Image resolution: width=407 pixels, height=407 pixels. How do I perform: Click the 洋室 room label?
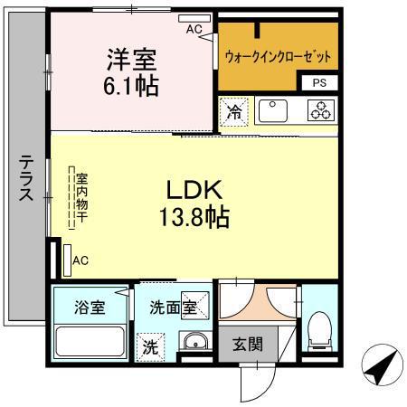coord(132,62)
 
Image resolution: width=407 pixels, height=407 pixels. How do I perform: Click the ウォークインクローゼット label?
coord(278,56)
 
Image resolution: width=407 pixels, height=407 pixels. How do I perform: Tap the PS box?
coord(320,83)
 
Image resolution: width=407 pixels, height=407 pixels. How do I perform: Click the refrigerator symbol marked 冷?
coord(234,113)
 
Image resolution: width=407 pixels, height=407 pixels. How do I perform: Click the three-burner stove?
coord(320,111)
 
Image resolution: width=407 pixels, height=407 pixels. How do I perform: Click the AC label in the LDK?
coord(80,261)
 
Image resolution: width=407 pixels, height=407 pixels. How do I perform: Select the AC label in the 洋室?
coord(194,29)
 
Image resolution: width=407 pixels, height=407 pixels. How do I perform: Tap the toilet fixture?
coord(319,331)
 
